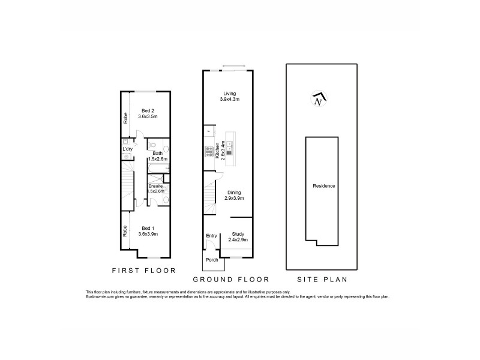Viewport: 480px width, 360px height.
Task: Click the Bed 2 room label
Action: point(148,111)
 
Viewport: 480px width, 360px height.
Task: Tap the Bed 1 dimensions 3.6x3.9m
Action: point(148,234)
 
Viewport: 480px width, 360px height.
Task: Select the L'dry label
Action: point(127,149)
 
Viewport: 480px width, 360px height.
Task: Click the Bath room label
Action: point(157,153)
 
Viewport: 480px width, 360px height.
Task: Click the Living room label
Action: point(229,94)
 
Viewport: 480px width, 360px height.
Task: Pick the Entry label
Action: point(211,235)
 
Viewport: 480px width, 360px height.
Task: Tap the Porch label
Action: point(212,260)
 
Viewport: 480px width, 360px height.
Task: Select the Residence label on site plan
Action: point(324,186)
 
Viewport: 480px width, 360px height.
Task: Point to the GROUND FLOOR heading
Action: point(231,279)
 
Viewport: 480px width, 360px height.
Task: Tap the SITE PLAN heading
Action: point(323,279)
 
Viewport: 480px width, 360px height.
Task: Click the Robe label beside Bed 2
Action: point(126,118)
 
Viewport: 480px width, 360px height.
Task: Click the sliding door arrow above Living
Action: point(229,66)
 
